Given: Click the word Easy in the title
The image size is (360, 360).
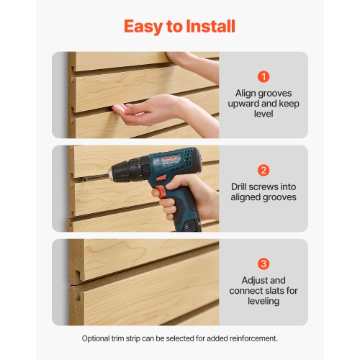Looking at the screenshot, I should pyautogui.click(x=144, y=27).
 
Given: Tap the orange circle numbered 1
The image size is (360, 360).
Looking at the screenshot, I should pyautogui.click(x=264, y=76).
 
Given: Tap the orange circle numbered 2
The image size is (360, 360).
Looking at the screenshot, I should pyautogui.click(x=264, y=171).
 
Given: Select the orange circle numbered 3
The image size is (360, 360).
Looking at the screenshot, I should pyautogui.click(x=264, y=264).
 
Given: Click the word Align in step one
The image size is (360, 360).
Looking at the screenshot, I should pyautogui.click(x=247, y=93).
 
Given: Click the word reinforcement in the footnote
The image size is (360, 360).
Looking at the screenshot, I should pyautogui.click(x=248, y=338).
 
